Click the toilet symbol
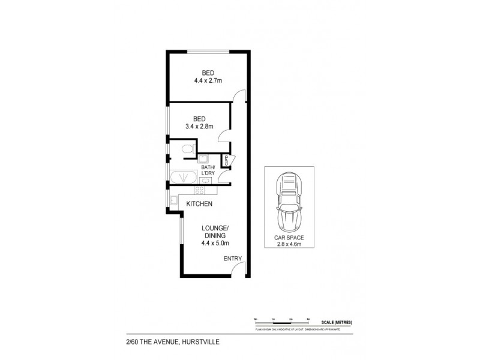pyautogui.click(x=187, y=148)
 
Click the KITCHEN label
pyautogui.click(x=200, y=204)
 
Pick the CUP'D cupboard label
pyautogui.click(x=226, y=160)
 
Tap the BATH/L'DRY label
pyautogui.click(x=208, y=170)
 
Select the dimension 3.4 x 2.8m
pyautogui.click(x=199, y=127)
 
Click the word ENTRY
pyautogui.click(x=232, y=259)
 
